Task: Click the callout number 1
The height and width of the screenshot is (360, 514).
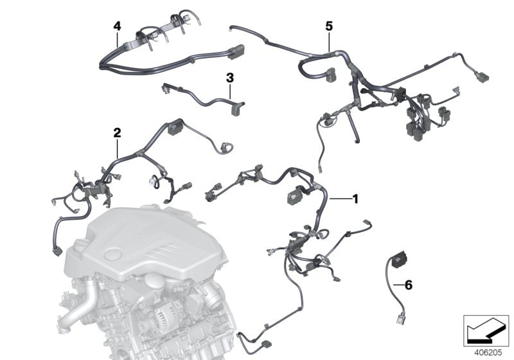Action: [x=355, y=199]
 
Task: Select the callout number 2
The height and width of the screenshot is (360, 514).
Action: [x=117, y=132]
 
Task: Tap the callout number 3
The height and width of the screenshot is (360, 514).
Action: [x=230, y=78]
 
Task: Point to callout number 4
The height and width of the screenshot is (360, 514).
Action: [x=116, y=26]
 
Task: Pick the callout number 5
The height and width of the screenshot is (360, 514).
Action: [x=329, y=26]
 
